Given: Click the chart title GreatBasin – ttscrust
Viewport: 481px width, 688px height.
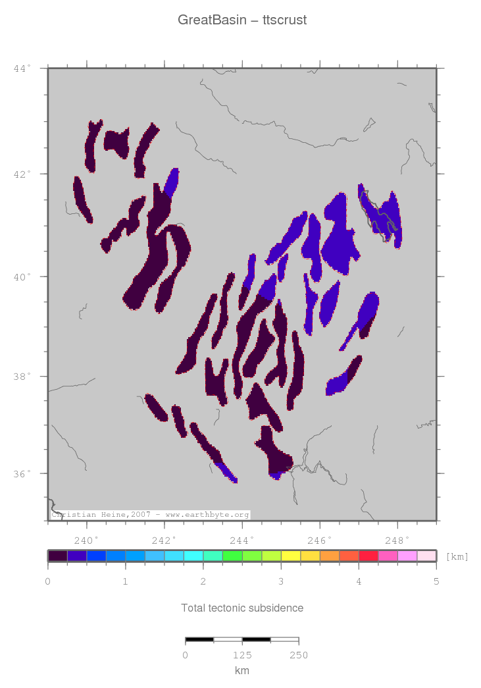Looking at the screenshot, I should tap(241, 20).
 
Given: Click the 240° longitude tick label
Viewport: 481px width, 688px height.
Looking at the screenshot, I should tap(87, 539).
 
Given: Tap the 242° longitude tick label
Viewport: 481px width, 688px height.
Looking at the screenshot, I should tap(165, 539).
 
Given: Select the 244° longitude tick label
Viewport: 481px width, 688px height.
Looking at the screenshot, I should tap(242, 539).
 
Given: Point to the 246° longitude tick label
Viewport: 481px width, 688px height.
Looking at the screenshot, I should tap(320, 539).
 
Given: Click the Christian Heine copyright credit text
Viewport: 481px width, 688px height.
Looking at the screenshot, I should tap(150, 515).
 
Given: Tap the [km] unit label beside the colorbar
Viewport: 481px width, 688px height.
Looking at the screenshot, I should tap(457, 557).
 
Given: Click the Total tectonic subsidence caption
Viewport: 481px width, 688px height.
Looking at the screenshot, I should tap(242, 608).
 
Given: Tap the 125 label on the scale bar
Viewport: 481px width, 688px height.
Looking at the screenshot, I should tap(242, 655).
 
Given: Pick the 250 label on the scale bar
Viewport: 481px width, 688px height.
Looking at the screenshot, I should tap(299, 655).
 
